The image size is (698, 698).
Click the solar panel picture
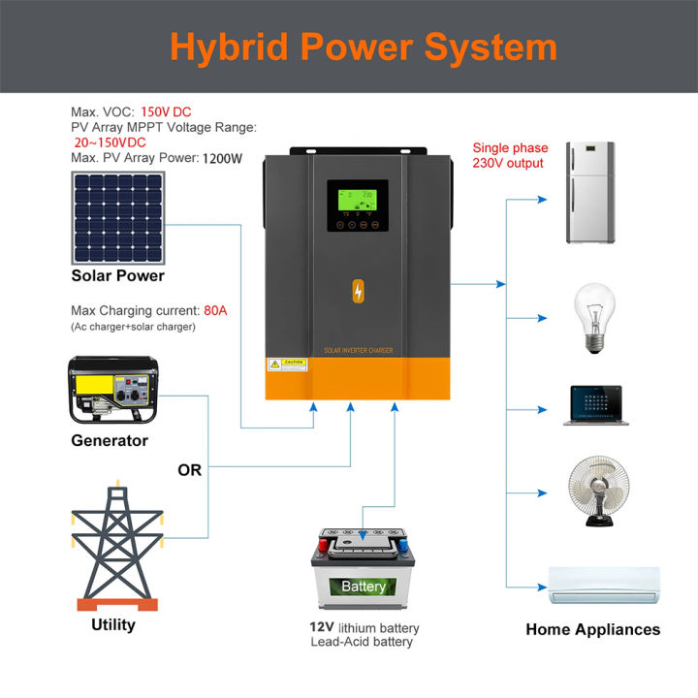117,218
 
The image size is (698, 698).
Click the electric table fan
593,492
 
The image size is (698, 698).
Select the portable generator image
113,390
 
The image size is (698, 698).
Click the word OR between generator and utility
190,470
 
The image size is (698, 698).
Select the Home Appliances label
592,629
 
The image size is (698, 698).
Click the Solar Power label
117,275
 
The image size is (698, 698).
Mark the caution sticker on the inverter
288,364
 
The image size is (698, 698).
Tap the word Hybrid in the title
228,47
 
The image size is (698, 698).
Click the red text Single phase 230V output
510,155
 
